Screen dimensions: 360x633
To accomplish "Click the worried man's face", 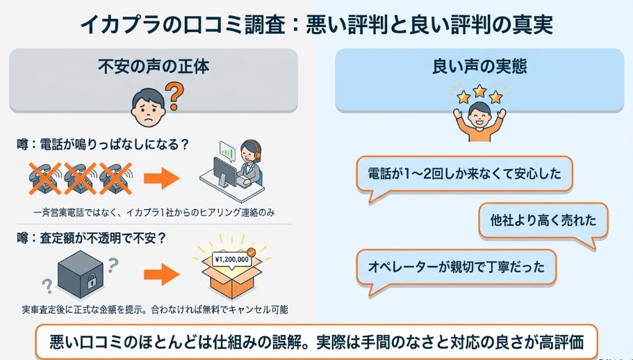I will coord(147,106).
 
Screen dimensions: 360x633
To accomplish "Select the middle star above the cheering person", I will coord(478,91).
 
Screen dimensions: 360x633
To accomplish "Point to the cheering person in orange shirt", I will coord(478,120).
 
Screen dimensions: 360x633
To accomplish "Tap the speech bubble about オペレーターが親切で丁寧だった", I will coord(456,266).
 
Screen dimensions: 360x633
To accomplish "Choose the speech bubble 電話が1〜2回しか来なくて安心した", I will coord(463,174).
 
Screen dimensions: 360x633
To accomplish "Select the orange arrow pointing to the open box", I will coord(161,272).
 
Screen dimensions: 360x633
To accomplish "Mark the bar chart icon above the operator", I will coord(227,148).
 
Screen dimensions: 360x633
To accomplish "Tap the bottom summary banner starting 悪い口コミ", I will coord(316,342).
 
